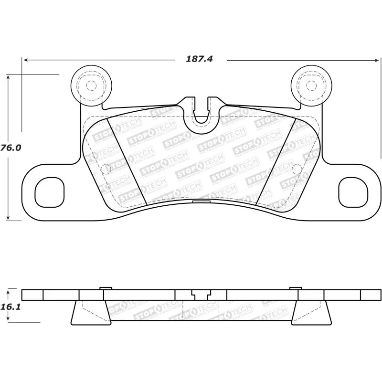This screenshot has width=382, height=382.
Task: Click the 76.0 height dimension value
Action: coord(11,148)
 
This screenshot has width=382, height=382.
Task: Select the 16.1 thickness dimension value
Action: coord(11,308)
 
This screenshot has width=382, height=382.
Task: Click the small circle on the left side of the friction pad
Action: coord(106,168)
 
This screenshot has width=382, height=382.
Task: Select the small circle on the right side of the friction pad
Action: coord(296,168)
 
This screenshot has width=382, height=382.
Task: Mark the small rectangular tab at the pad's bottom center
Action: coord(201,202)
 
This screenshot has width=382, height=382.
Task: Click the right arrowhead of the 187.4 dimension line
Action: coord(377,60)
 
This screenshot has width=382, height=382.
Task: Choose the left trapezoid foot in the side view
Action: coord(90,313)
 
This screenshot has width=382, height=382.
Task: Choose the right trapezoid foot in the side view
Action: coord(311,313)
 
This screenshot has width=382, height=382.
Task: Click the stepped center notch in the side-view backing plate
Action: coord(201,293)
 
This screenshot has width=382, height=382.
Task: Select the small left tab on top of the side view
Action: coord(106,288)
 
